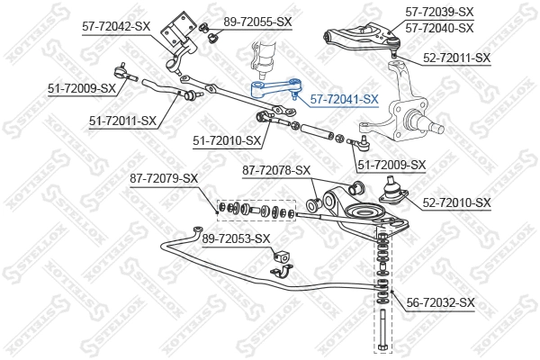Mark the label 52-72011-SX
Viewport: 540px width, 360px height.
click(456, 58)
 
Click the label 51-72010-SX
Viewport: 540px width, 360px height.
click(227, 140)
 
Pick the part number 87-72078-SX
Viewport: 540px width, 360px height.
click(275, 170)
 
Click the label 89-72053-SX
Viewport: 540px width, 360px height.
click(236, 238)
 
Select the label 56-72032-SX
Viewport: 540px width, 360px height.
click(440, 303)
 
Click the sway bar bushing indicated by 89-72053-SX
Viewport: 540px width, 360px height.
click(280, 268)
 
